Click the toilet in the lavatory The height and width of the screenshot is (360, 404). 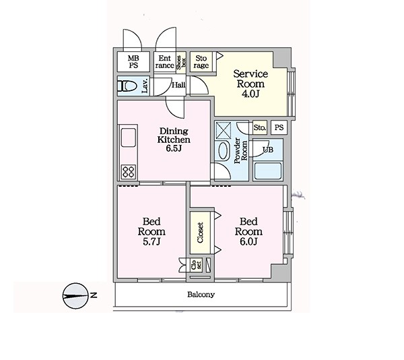[127, 86]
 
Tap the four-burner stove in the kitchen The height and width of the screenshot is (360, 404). [129, 171]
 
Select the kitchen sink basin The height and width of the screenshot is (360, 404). [129, 138]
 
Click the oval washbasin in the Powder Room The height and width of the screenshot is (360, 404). [223, 151]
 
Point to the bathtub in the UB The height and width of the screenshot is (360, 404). [268, 171]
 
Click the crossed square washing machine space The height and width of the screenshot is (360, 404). [223, 131]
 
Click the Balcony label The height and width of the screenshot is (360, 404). [201, 295]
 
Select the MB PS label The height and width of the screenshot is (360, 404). [133, 61]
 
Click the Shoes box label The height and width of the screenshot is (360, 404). [181, 62]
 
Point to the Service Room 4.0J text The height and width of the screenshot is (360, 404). [250, 84]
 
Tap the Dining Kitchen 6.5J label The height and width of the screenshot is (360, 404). [174, 140]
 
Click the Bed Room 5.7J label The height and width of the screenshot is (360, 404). [151, 231]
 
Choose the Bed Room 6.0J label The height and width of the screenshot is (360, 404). [248, 231]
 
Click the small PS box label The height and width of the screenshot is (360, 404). [279, 127]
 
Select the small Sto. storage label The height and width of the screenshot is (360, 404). [260, 127]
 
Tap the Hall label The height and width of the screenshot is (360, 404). [178, 84]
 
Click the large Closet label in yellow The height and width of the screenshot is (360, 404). [200, 233]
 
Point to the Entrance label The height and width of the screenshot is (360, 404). [165, 62]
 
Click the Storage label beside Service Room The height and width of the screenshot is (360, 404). [201, 62]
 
